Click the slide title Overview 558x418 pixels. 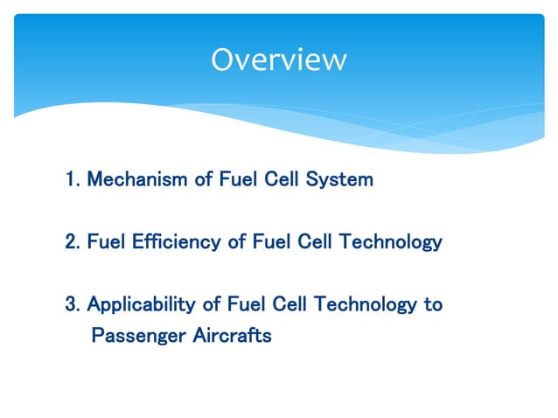(278, 59)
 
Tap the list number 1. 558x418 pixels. (72, 180)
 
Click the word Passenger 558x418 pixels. (137, 335)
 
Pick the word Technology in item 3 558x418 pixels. (365, 304)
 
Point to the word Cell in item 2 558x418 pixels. (315, 241)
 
